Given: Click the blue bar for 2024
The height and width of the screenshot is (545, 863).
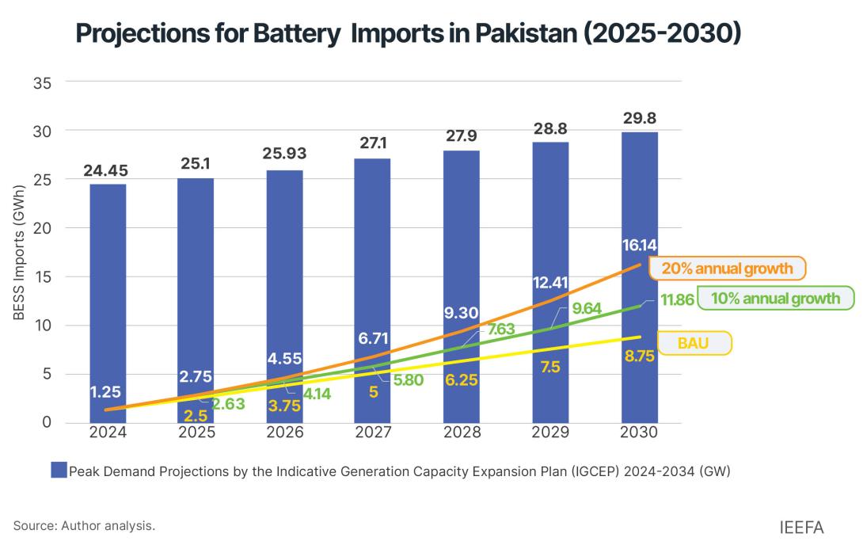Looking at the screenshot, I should pos(108,301).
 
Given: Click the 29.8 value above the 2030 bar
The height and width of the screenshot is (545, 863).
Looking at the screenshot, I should pos(639,119).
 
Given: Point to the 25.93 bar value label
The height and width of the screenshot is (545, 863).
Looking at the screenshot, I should pos(284,153).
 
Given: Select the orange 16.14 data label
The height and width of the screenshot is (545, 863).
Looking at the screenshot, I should pos(638,246).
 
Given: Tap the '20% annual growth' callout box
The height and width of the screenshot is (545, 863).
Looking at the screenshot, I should pos(727,269).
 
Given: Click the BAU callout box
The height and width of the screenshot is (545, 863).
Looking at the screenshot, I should pos(694,343).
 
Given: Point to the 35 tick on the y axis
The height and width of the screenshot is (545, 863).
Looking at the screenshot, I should pos(41,82).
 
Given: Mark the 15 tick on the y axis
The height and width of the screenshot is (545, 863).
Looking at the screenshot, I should pos(41,276).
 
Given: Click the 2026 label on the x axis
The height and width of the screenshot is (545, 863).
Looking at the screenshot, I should pos(284,433).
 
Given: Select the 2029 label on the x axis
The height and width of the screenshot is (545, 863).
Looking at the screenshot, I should pos(550,433).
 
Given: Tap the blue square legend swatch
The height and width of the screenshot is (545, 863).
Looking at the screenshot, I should pos(59,471).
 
